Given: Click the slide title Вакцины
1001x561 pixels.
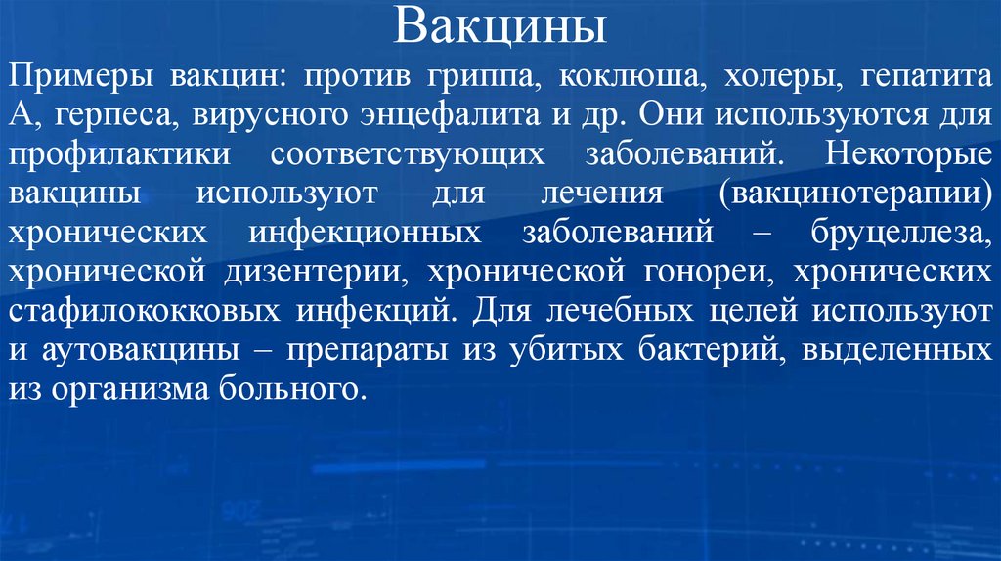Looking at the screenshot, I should coord(500,27).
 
